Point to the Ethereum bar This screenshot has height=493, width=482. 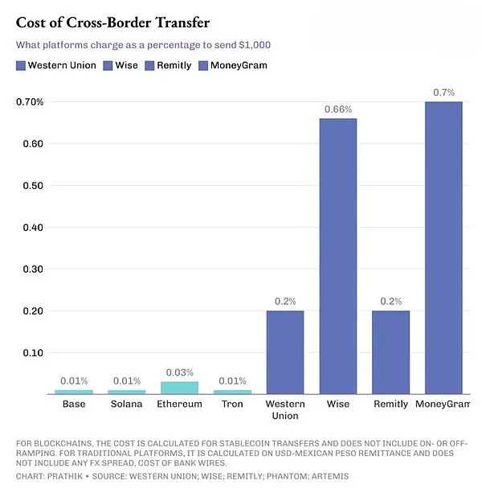179,387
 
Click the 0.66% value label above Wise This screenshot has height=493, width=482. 337,109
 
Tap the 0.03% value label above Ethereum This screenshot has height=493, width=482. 179,372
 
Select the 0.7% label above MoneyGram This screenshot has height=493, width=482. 443,92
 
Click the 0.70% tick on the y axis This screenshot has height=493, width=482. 30,102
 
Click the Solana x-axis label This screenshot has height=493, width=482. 126,404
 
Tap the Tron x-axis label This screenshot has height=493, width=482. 232,404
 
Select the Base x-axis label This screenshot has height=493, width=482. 74,404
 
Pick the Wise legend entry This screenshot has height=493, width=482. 128,65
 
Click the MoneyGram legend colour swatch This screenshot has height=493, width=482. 203,65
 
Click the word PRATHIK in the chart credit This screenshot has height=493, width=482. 69,475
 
